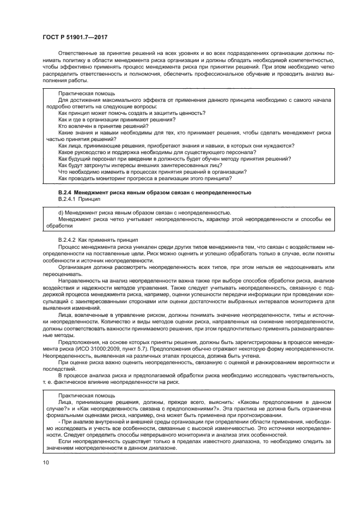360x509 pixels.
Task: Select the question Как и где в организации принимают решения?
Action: [117, 119]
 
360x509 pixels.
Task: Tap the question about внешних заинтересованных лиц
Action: [140, 165]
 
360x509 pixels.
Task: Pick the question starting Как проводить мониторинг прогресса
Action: [145, 178]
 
